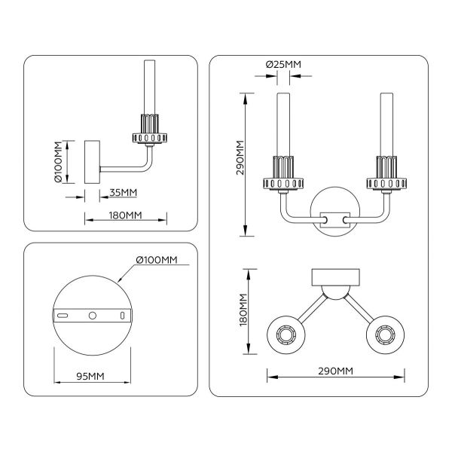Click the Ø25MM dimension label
[283, 65]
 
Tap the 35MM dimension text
[123, 192]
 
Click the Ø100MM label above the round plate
[156, 260]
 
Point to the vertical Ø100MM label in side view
[58, 162]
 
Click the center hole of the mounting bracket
[92, 314]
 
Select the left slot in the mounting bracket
[65, 314]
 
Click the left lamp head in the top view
[286, 333]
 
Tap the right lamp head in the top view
[386, 333]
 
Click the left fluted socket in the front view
[284, 174]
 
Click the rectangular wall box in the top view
[336, 276]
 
